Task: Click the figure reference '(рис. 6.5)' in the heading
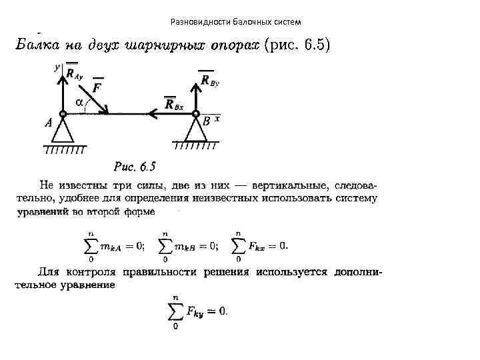[297, 45]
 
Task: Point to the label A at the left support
[48, 123]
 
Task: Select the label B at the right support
[206, 122]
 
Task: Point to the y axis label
[57, 67]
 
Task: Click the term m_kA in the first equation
[111, 245]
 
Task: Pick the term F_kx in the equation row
[258, 245]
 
